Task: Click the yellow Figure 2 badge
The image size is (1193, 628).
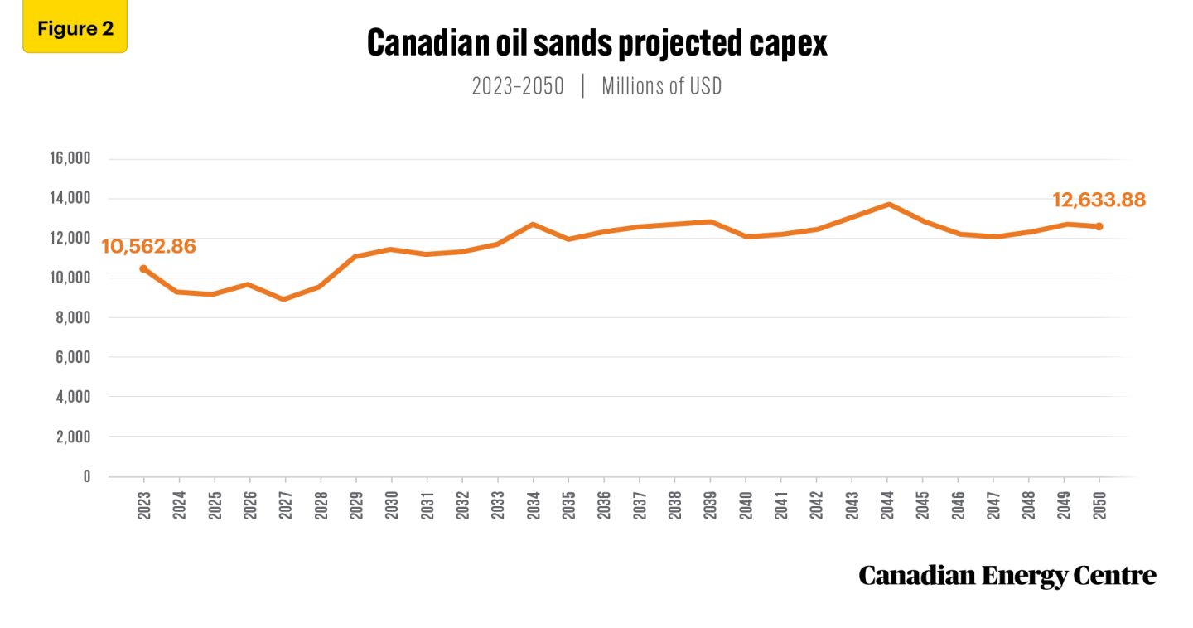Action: (75, 29)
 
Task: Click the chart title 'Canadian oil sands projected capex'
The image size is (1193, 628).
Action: (596, 44)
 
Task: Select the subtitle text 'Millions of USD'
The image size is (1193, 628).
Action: (661, 87)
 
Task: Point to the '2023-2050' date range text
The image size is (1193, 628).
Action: (518, 87)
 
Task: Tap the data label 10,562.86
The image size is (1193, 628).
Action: (148, 246)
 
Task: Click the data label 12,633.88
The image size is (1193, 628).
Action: (1099, 200)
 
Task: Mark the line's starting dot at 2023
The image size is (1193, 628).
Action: (143, 268)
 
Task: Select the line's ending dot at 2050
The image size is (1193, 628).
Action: (1099, 226)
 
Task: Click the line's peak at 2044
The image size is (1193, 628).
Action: (887, 204)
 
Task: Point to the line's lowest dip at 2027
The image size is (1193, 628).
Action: (285, 299)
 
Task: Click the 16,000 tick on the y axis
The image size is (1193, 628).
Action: (73, 159)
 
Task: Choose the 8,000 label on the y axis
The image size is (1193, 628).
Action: (76, 317)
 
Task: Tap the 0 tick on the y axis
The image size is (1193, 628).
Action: (86, 476)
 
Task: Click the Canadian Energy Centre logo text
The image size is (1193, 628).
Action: (1007, 575)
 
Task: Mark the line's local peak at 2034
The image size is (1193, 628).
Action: (533, 224)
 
